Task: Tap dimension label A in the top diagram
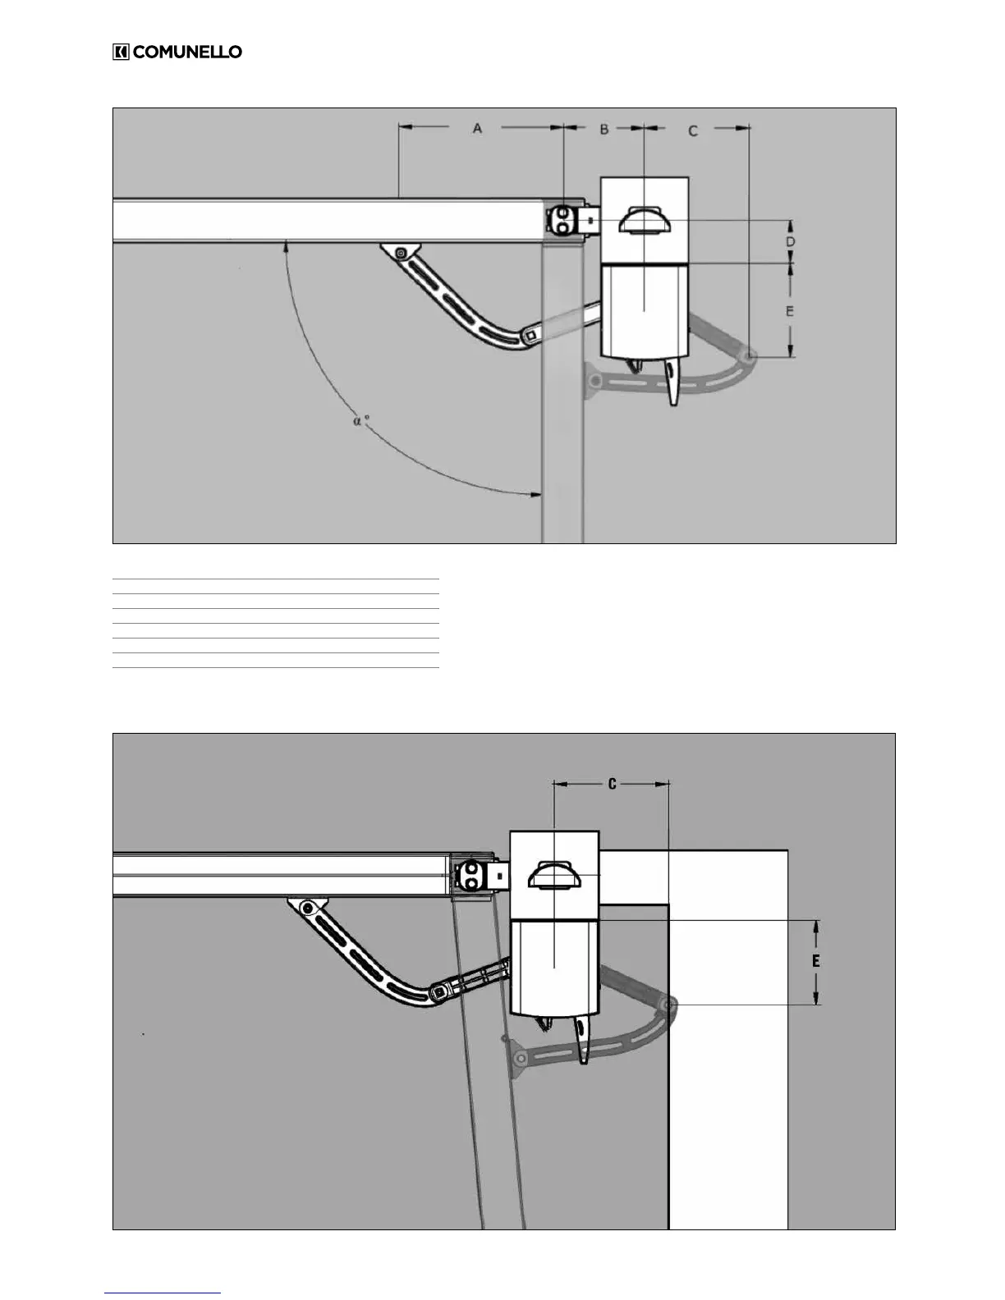click(x=477, y=128)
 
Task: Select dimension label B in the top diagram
click(x=603, y=129)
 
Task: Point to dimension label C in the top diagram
click(x=693, y=130)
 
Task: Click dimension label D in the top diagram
click(x=790, y=242)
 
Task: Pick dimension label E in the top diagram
click(x=790, y=311)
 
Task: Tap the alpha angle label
click(x=360, y=421)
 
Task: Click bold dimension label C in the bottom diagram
click(x=612, y=785)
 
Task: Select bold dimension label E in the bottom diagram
click(x=815, y=960)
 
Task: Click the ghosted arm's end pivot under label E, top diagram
click(x=749, y=355)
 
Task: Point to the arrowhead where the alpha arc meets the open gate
click(x=535, y=494)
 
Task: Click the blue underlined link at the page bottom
click(x=163, y=1293)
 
